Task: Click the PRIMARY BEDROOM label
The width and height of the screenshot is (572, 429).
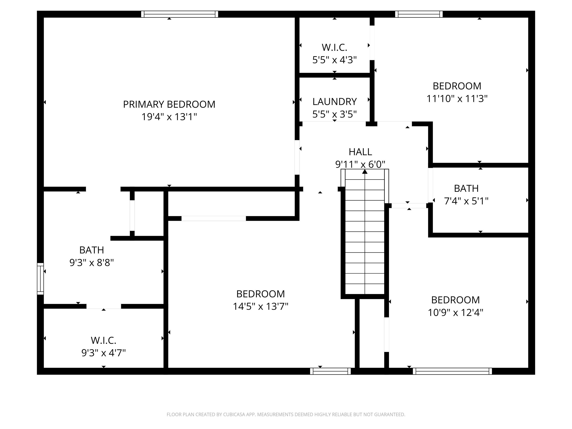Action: pyautogui.click(x=169, y=104)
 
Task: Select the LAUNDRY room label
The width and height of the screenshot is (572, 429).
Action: pyautogui.click(x=334, y=102)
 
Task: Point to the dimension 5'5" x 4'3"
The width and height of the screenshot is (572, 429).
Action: pyautogui.click(x=334, y=60)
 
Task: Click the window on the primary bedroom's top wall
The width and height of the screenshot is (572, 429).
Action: pyautogui.click(x=179, y=14)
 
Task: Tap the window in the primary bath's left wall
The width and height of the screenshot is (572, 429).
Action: pyautogui.click(x=40, y=279)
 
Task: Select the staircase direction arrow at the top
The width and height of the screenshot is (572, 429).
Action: pyautogui.click(x=365, y=172)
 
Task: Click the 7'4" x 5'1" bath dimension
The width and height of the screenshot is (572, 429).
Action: pyautogui.click(x=466, y=201)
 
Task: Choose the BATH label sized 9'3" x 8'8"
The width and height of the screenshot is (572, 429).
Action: pyautogui.click(x=92, y=250)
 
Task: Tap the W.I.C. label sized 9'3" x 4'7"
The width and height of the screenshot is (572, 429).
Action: pyautogui.click(x=104, y=340)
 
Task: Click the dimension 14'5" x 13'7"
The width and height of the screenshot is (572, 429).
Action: pyautogui.click(x=260, y=307)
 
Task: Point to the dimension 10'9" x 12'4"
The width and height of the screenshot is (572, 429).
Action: pyautogui.click(x=455, y=313)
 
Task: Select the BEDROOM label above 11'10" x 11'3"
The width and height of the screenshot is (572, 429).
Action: pyautogui.click(x=457, y=86)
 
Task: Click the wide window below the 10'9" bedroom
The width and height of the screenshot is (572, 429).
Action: pyautogui.click(x=452, y=371)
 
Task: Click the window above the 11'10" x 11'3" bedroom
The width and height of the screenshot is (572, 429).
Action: pyautogui.click(x=419, y=14)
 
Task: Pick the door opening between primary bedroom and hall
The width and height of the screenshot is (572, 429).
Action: pyautogui.click(x=297, y=157)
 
